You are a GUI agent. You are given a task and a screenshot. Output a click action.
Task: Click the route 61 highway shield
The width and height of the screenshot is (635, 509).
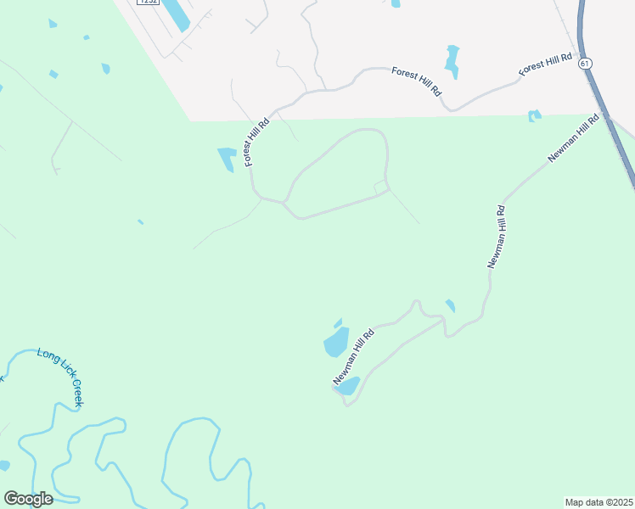click(584, 64)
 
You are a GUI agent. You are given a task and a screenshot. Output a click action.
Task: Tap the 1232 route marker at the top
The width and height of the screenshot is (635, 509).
click(149, 3)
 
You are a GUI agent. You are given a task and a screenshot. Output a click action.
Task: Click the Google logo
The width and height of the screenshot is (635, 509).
click(28, 499)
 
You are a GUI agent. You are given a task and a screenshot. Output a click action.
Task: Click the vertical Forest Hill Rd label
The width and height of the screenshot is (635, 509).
click(257, 142)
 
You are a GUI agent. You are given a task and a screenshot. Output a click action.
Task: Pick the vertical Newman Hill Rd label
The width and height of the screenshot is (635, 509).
click(496, 237)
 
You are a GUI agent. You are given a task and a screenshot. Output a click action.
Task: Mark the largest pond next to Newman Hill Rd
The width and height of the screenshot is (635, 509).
click(336, 343)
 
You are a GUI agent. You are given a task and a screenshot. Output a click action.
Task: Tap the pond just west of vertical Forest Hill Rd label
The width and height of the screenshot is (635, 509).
click(227, 158)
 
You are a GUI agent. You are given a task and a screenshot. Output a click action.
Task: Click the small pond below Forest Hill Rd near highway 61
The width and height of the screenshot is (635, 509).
click(534, 115)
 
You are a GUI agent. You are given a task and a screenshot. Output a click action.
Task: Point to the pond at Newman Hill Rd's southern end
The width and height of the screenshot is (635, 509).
click(348, 386)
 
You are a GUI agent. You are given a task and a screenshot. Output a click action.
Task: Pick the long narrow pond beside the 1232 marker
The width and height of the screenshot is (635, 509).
click(177, 13)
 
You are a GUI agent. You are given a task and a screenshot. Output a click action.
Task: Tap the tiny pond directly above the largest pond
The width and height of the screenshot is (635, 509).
click(338, 322)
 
